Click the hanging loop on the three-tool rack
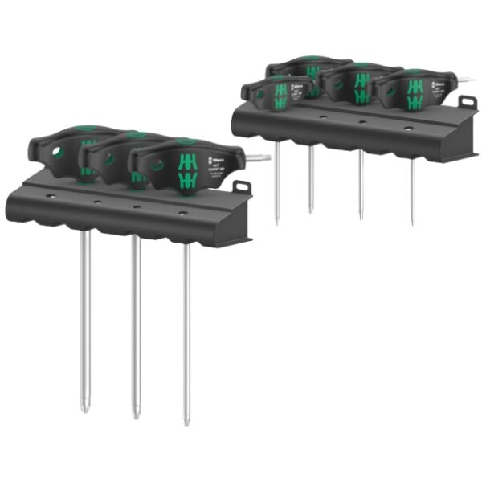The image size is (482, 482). [240, 187]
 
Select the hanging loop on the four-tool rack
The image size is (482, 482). [468, 103]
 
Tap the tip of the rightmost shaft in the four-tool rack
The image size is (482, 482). [412, 222]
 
